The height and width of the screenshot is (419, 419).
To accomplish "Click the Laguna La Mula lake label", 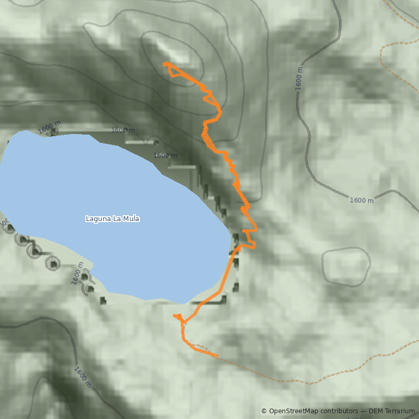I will (x=113, y=218).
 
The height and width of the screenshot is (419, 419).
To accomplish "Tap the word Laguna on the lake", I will (x=97, y=218).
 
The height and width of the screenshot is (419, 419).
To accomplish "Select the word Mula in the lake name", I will (x=130, y=218).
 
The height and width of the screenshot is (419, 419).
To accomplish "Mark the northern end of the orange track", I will (x=166, y=64).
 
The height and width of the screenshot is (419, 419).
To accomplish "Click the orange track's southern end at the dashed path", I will (x=216, y=356).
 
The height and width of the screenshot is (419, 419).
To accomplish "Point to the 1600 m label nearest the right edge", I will (x=362, y=200).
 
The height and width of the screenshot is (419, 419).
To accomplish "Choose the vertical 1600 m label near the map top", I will (x=299, y=79).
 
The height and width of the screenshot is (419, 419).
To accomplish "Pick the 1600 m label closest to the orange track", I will (x=166, y=155).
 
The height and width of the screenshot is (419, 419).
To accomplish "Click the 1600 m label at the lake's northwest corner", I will (x=49, y=127).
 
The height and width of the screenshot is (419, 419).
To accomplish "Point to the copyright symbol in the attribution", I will (x=264, y=411).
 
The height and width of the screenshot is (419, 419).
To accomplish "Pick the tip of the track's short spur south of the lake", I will (x=174, y=315).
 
